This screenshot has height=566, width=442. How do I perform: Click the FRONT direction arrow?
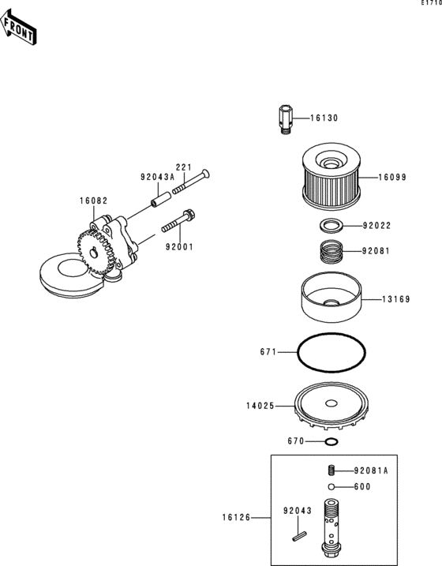[x=18, y=28]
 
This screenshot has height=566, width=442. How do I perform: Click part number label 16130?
[x=324, y=118]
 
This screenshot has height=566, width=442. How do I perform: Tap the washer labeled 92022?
[x=331, y=225]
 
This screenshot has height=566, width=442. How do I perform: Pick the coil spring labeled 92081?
[x=331, y=252]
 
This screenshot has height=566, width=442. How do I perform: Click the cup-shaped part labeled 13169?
[x=331, y=297]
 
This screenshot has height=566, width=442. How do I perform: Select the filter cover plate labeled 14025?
[x=331, y=407]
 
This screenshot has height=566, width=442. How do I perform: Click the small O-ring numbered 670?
[x=331, y=441]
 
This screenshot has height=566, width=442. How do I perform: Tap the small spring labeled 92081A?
[x=331, y=470]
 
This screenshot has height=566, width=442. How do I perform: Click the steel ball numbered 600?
[x=331, y=487]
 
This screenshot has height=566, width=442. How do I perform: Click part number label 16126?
[x=236, y=518]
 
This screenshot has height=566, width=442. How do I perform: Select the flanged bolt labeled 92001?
[x=178, y=221]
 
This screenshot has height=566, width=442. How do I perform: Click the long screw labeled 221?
[x=191, y=182]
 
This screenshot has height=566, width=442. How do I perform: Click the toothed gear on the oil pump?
[x=95, y=253]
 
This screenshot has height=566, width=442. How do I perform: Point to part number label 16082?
[x=93, y=201]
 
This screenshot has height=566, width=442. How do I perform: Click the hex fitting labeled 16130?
[x=286, y=119]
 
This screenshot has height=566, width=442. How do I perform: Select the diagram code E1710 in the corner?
[x=432, y=3]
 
